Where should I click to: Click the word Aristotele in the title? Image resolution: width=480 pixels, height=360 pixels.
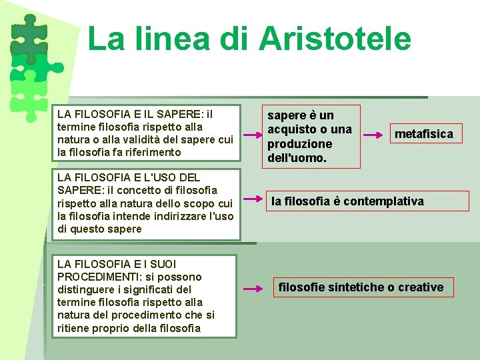pos(335,38)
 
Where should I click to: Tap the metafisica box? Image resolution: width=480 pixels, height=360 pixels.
pos(423,134)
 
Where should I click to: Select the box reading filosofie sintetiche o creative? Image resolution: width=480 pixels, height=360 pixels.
pos(361,287)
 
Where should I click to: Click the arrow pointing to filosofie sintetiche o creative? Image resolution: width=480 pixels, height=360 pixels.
pos(253,289)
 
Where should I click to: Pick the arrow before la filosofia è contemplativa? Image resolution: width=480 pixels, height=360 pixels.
pos(253,199)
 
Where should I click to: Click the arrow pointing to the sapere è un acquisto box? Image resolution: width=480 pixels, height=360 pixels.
pos(253,136)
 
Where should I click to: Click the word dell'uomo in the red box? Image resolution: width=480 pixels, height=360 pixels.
pos(297,158)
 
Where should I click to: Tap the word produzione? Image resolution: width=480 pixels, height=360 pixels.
pos(299,143)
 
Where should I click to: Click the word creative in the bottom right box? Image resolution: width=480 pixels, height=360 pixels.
pos(421,287)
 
